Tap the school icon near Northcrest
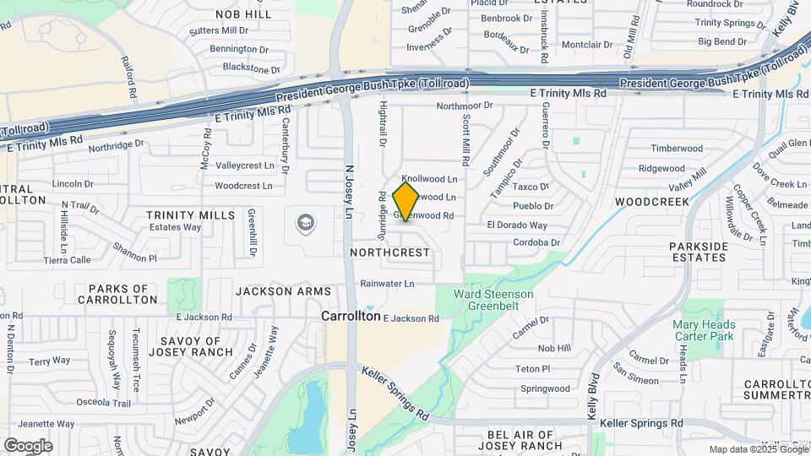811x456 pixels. (x=305, y=223)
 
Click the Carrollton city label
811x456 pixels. (x=351, y=315)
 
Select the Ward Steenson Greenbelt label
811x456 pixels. (x=493, y=300)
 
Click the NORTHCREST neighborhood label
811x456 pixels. (x=389, y=252)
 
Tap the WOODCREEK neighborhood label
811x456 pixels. (x=651, y=202)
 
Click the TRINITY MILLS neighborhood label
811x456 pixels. (x=191, y=215)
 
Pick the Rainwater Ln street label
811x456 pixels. (x=387, y=284)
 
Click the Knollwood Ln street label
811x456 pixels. (x=429, y=179)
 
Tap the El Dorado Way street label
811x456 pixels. (x=517, y=225)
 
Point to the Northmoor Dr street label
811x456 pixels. (x=464, y=106)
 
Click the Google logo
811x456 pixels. (x=28, y=445)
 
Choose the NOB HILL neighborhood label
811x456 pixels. (x=243, y=14)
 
